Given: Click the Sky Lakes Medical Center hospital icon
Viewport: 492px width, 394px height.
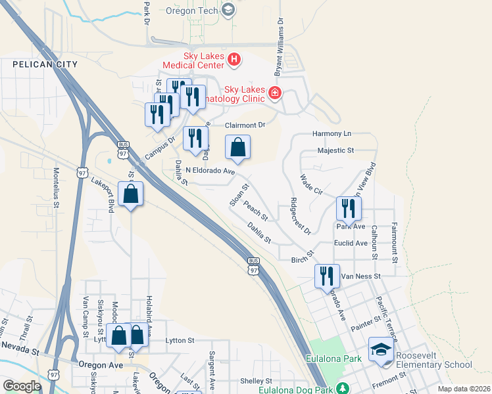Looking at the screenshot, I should click(x=234, y=61).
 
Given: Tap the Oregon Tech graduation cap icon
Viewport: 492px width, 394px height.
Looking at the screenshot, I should click(x=228, y=9).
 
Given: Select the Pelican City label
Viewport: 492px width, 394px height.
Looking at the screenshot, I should click(x=45, y=64).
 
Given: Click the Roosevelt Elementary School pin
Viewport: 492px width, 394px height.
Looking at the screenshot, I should click(x=381, y=351).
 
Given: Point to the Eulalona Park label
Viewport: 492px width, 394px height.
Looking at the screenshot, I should click(x=334, y=359).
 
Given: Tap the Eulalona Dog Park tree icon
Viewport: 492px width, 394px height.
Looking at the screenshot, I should click(x=342, y=387).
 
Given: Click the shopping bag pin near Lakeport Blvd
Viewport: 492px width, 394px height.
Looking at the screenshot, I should click(x=131, y=194).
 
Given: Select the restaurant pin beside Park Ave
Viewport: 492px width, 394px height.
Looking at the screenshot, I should click(x=348, y=208).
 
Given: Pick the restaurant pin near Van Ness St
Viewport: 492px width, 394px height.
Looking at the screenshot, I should click(x=326, y=276).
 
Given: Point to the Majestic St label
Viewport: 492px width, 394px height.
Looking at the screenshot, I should click(x=335, y=150).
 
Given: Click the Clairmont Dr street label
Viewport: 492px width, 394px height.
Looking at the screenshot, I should click(x=245, y=125).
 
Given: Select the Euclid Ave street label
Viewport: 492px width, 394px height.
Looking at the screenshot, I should click(x=352, y=243).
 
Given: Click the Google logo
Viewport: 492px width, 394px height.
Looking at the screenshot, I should click(x=22, y=386).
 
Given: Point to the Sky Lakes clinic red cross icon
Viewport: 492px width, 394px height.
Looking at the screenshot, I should click(x=274, y=94).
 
